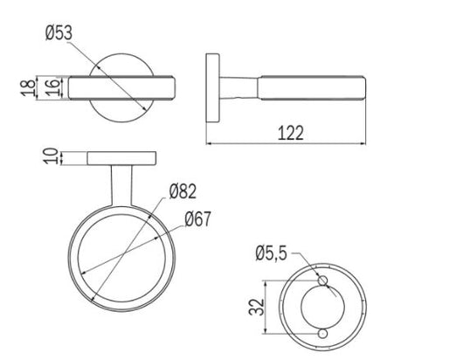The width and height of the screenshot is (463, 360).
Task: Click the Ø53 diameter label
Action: tap(59, 33)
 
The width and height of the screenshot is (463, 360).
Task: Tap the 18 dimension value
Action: tap(28, 88)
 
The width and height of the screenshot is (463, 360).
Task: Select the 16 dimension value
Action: tap(52, 87)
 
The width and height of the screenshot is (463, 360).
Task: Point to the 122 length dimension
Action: tap(291, 133)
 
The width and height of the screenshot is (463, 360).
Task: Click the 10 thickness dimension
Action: tap(51, 156)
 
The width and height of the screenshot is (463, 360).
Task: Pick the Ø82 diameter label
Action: tap(183, 191)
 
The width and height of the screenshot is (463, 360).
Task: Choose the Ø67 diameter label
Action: tap(197, 218)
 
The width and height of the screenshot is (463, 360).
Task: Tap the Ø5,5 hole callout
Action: tap(271, 253)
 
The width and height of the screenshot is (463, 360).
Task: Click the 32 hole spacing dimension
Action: tap(256, 308)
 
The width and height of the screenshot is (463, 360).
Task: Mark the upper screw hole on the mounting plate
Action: tap(322, 280)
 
